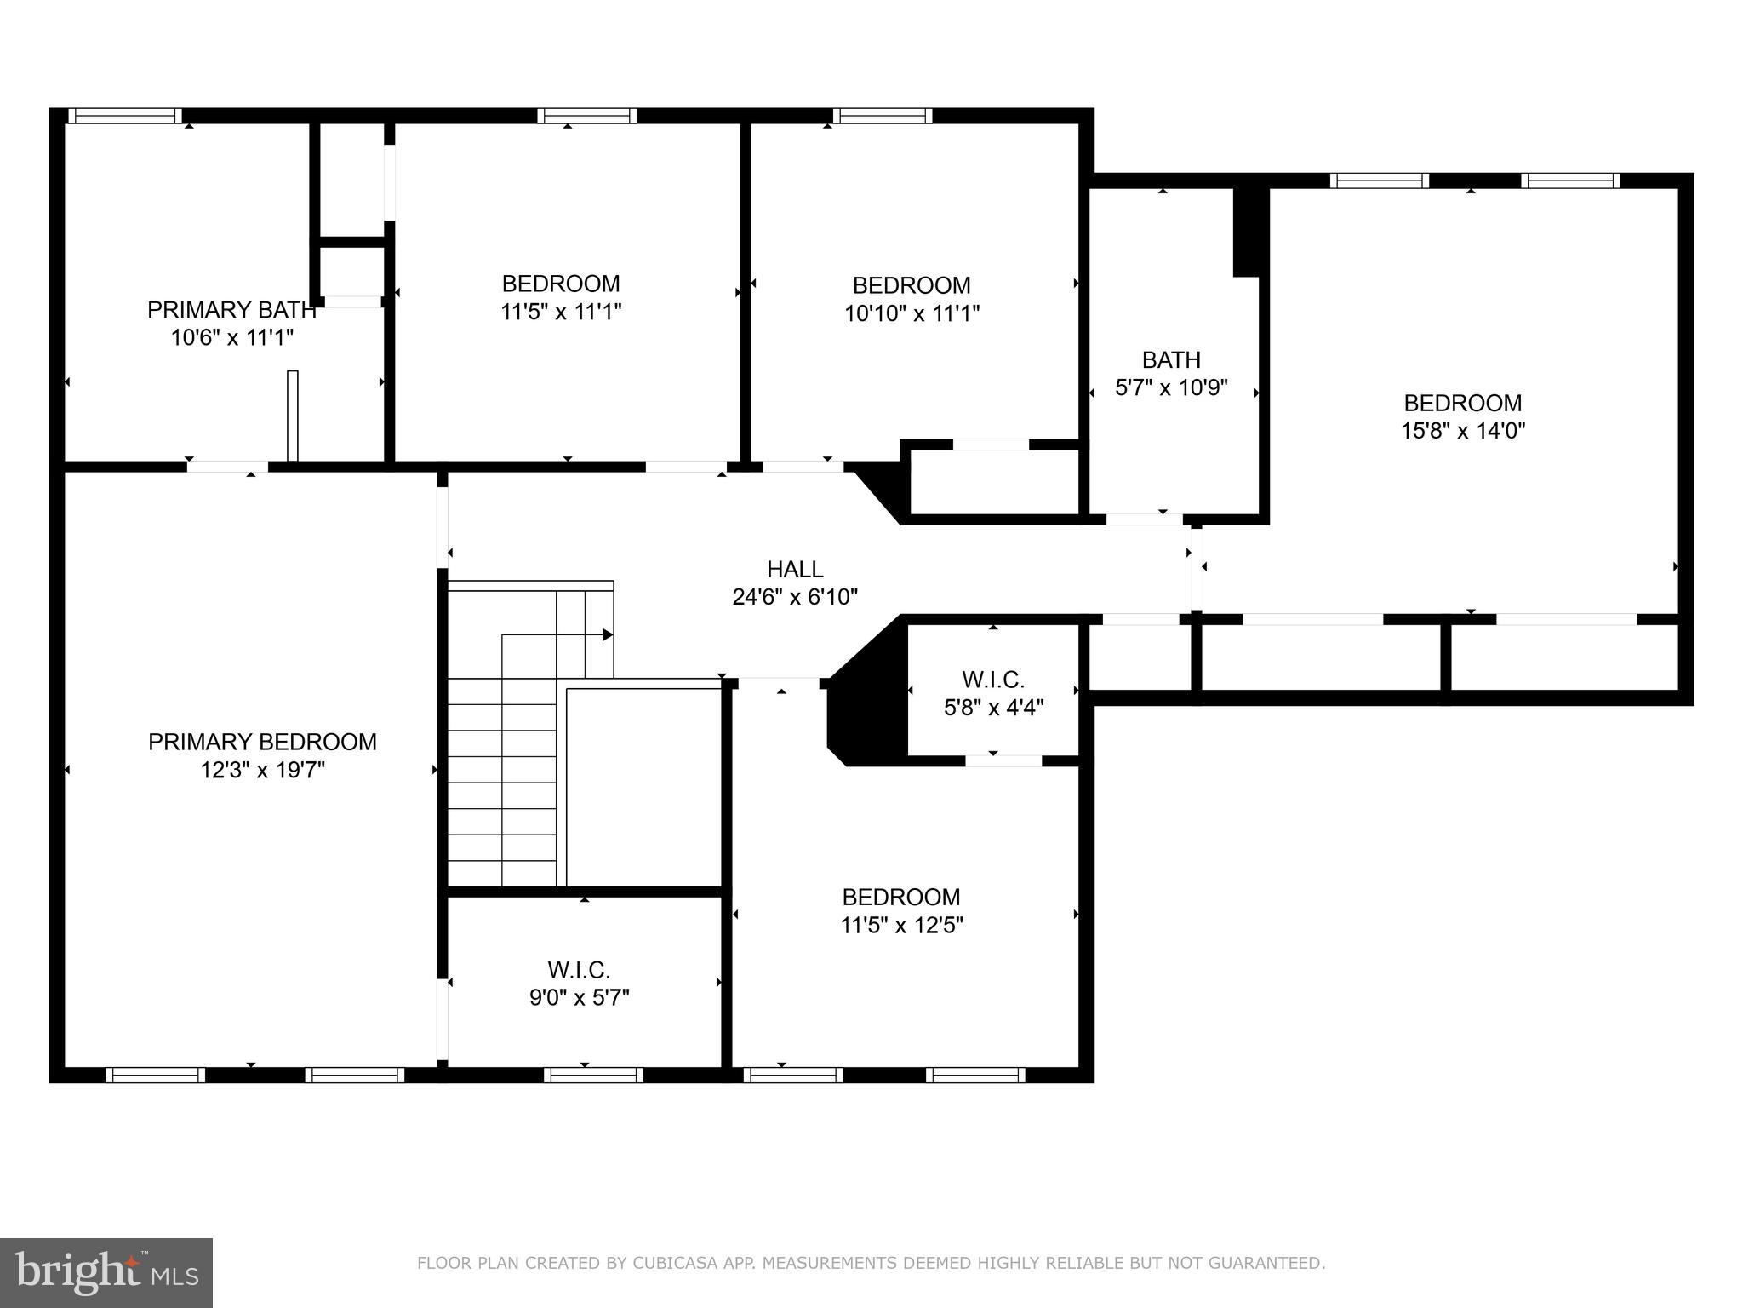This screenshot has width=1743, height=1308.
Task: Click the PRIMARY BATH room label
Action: point(231,310)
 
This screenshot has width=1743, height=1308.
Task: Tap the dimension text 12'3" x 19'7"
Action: point(262,770)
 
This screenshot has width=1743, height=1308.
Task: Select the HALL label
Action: point(795,569)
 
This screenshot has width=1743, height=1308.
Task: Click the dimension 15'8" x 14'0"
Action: point(1462,431)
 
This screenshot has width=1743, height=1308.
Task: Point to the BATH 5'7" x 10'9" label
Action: point(1171,374)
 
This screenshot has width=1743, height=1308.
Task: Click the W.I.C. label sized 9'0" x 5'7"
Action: point(579,984)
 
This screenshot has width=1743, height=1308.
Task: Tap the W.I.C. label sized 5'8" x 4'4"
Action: point(993,693)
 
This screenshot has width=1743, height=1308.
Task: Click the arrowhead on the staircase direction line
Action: point(608,634)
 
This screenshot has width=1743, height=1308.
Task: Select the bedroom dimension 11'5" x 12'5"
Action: point(901,925)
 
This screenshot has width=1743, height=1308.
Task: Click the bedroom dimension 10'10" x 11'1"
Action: point(912,313)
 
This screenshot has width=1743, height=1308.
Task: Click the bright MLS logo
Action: point(106,1272)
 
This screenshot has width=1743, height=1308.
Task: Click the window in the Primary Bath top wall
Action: point(125,116)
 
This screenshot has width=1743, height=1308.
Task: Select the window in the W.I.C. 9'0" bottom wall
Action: point(593,1075)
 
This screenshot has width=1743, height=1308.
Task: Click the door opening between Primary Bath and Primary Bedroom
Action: point(227,467)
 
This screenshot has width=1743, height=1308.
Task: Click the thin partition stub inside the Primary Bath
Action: point(293,416)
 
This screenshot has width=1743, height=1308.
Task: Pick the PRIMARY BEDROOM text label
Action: point(262,742)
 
